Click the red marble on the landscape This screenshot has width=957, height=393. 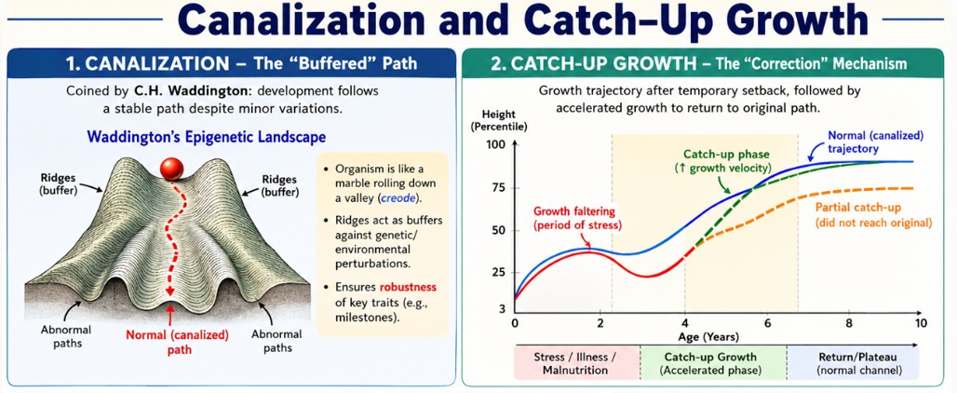[171, 169]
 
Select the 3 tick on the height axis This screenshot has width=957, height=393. [503, 309]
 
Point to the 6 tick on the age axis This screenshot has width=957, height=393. [767, 322]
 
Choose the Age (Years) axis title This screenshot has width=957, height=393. [708, 337]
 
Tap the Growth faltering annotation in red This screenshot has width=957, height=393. [577, 218]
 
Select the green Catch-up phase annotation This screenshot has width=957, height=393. [727, 161]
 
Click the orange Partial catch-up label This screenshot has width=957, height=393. [874, 215]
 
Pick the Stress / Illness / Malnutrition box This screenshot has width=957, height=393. [577, 363]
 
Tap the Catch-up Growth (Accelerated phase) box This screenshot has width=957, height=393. [713, 363]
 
